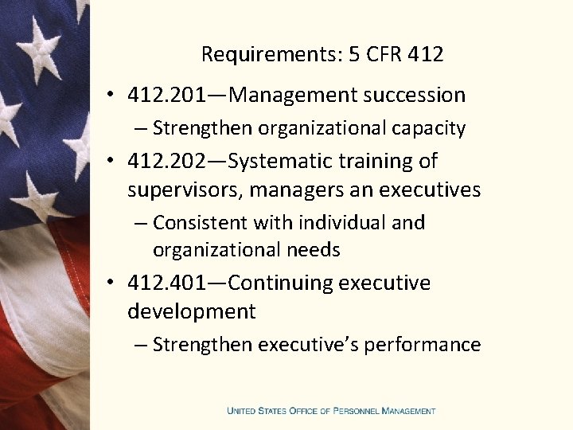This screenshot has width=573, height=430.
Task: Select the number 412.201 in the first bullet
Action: coord(166,96)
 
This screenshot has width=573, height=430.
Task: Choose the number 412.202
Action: coord(166,161)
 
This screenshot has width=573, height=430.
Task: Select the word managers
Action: coord(276,190)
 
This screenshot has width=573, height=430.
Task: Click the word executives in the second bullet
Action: coord(433,190)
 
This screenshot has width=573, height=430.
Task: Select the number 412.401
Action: coord(166,283)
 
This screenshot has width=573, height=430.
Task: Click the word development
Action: coord(191,311)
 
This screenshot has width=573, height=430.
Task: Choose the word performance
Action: coord(431,345)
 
